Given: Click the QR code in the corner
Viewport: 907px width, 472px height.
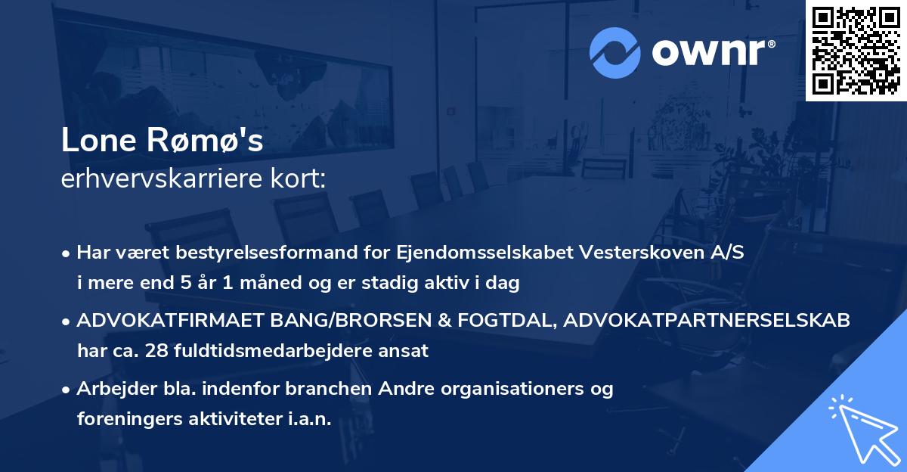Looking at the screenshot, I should point(856,50).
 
